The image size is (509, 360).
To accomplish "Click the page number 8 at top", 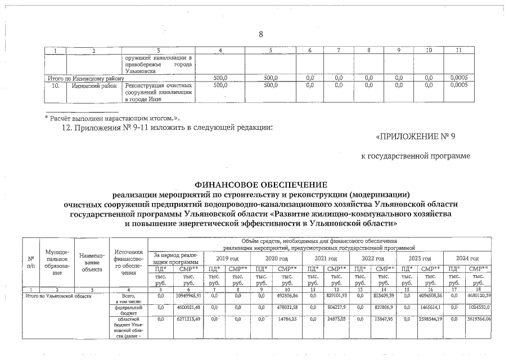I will coord(260,35).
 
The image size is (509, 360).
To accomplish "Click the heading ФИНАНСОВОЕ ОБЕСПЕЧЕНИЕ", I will coord(260,184).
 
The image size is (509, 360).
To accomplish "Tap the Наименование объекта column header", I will coord(91,262).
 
